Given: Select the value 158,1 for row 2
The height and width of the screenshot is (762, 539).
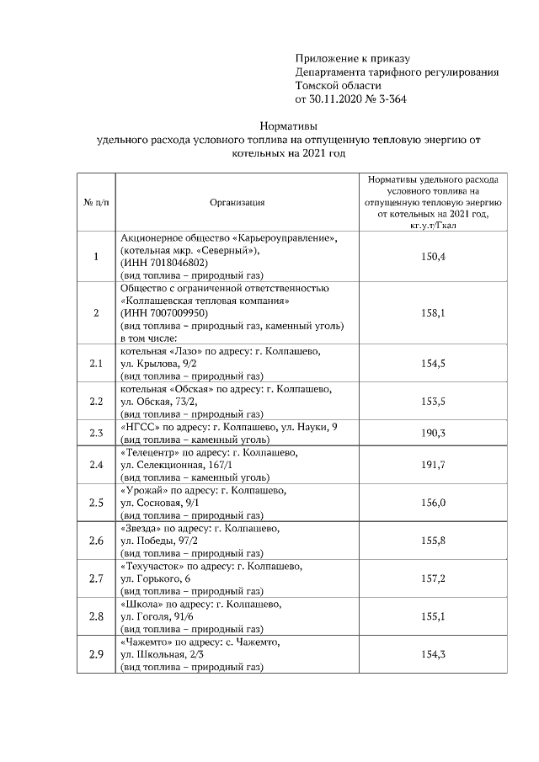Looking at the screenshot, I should pos(433,312).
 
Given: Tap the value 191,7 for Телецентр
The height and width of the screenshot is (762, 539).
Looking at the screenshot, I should pos(433,464).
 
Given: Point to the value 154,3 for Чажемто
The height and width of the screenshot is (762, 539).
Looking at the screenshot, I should pos(433,654).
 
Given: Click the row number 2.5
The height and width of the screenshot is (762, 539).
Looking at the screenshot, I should pos(96,503).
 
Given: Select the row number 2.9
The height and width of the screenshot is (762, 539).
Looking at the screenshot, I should pos(96,654).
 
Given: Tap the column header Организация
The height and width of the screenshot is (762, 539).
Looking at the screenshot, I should pos(237,202).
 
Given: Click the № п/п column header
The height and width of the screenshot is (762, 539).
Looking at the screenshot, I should pos(95,202).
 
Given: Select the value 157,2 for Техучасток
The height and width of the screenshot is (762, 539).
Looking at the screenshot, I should pos(433,578).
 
